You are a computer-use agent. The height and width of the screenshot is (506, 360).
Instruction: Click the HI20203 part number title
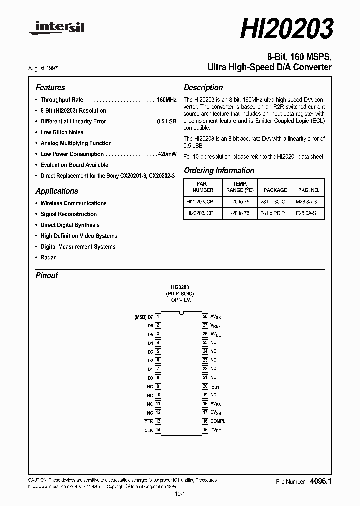(x=286, y=29)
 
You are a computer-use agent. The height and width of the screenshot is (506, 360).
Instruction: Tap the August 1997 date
(x=50, y=68)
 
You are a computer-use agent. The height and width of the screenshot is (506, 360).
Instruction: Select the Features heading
(x=50, y=87)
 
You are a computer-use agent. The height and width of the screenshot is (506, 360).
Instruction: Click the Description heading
(x=203, y=87)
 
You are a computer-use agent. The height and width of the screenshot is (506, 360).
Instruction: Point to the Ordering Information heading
(x=219, y=170)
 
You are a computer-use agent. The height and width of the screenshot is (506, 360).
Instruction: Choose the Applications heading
(x=57, y=191)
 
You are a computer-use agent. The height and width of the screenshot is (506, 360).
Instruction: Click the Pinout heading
(x=47, y=275)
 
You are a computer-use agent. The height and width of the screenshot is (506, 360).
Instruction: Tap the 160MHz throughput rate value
(x=166, y=100)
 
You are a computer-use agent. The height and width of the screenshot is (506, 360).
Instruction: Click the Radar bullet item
(x=48, y=257)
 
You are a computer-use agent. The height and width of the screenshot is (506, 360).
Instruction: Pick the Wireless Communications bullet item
(x=73, y=203)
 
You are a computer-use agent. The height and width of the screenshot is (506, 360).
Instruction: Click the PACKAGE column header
(x=275, y=190)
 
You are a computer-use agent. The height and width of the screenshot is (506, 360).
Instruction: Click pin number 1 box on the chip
(x=158, y=316)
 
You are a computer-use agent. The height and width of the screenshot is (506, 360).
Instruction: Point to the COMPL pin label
(x=217, y=421)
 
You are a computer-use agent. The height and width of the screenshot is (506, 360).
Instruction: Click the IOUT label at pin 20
(x=215, y=387)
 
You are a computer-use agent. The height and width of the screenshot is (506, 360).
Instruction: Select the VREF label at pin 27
(x=215, y=325)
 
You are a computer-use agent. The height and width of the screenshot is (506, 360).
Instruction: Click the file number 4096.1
(x=321, y=481)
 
